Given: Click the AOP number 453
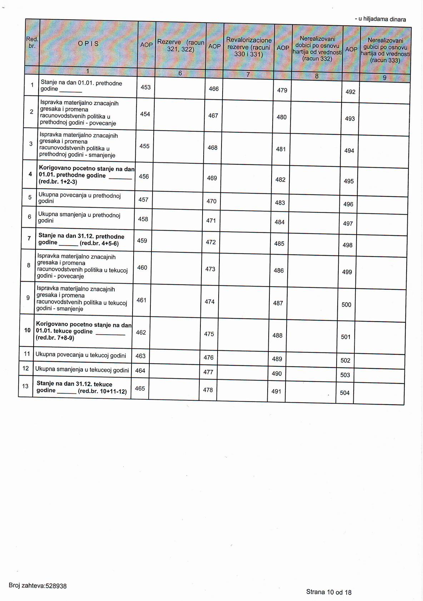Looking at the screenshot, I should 146,87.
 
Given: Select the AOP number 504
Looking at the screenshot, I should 345,393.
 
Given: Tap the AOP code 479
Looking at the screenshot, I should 282,90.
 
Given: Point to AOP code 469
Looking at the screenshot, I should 212,178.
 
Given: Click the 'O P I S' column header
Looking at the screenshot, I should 89,44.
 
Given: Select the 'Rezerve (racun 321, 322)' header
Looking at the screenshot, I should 181,46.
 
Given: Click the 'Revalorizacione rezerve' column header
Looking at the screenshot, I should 249,47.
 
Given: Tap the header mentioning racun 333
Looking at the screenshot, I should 385,50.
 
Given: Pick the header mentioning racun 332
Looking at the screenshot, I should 317,49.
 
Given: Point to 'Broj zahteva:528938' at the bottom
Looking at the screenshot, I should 38,586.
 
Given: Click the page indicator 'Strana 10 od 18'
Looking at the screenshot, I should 329,592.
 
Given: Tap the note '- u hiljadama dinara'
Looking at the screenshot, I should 380,19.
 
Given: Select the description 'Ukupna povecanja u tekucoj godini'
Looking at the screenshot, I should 81,355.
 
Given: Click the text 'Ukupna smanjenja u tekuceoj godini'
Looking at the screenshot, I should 82,370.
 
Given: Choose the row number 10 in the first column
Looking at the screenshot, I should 27,330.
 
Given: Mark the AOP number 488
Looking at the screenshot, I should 278,335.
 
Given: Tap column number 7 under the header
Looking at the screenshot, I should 248,74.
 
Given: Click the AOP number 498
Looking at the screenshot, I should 348,245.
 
